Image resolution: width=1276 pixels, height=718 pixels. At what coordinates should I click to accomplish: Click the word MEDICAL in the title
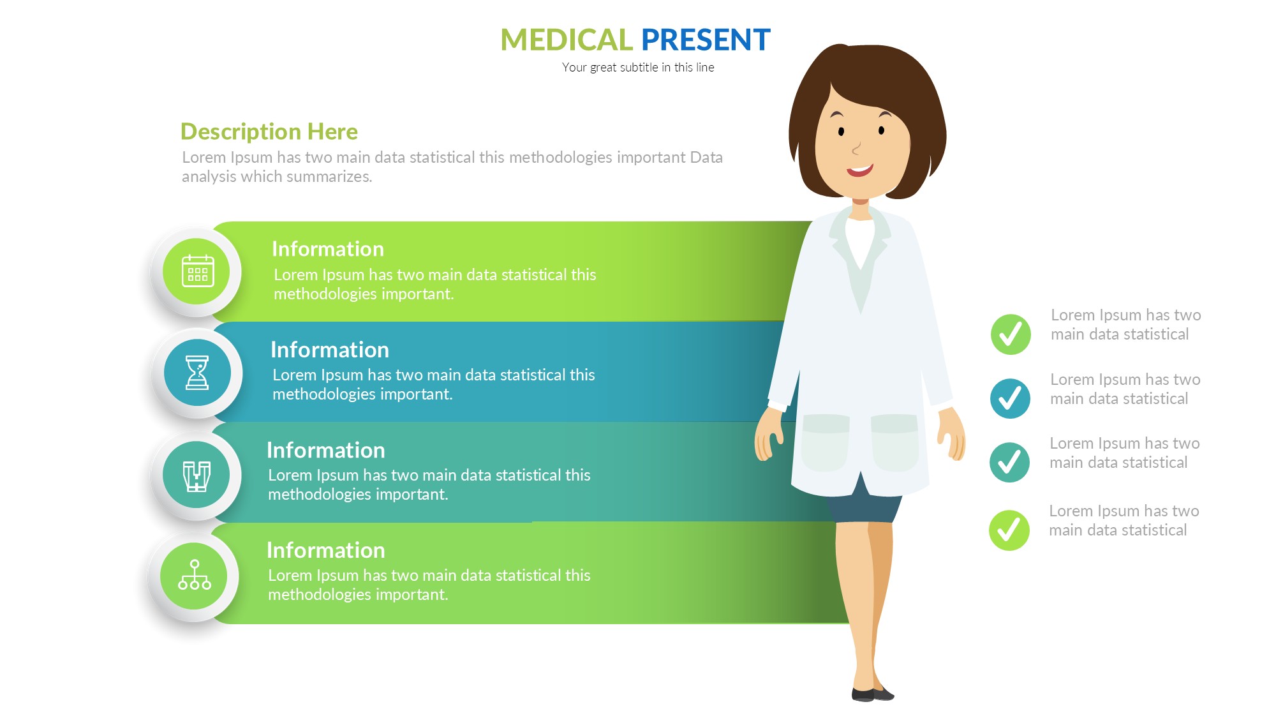click(566, 40)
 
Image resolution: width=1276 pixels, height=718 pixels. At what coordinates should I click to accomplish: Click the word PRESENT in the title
click(706, 40)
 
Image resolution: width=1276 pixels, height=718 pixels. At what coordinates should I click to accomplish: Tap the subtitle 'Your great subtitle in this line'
click(638, 68)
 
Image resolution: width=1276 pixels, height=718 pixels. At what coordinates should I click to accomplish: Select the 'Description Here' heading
click(269, 131)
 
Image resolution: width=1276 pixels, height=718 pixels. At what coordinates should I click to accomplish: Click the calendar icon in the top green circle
click(197, 271)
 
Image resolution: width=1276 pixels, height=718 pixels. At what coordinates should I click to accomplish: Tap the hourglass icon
click(197, 372)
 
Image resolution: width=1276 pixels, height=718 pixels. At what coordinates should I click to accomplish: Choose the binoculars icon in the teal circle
click(197, 476)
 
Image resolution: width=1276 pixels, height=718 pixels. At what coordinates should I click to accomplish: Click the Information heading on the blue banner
click(330, 350)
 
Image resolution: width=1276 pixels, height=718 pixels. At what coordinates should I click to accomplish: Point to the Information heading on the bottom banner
click(326, 550)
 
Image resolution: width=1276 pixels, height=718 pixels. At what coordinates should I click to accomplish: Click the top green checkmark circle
click(1011, 334)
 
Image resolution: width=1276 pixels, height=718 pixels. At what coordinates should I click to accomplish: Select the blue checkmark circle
click(1010, 398)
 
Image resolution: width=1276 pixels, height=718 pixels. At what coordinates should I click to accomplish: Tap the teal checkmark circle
click(1009, 462)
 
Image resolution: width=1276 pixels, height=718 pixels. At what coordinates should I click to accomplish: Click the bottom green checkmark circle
click(1009, 530)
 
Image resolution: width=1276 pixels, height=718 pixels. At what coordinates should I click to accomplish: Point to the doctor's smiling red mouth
click(860, 170)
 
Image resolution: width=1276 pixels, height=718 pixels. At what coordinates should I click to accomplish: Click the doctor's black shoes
click(872, 694)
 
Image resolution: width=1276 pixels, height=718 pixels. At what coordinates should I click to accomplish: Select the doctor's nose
click(856, 149)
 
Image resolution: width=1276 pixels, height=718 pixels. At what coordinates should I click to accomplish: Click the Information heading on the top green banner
click(328, 249)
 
